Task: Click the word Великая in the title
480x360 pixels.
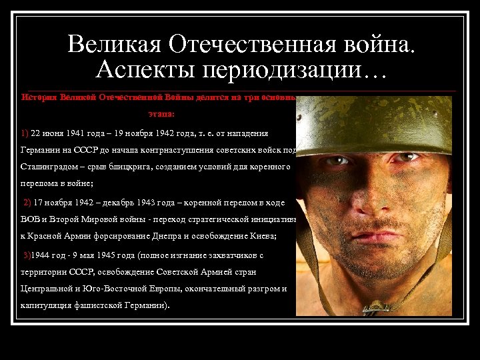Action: pyautogui.click(x=113, y=44)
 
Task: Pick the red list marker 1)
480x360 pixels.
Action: pyautogui.click(x=25, y=132)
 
